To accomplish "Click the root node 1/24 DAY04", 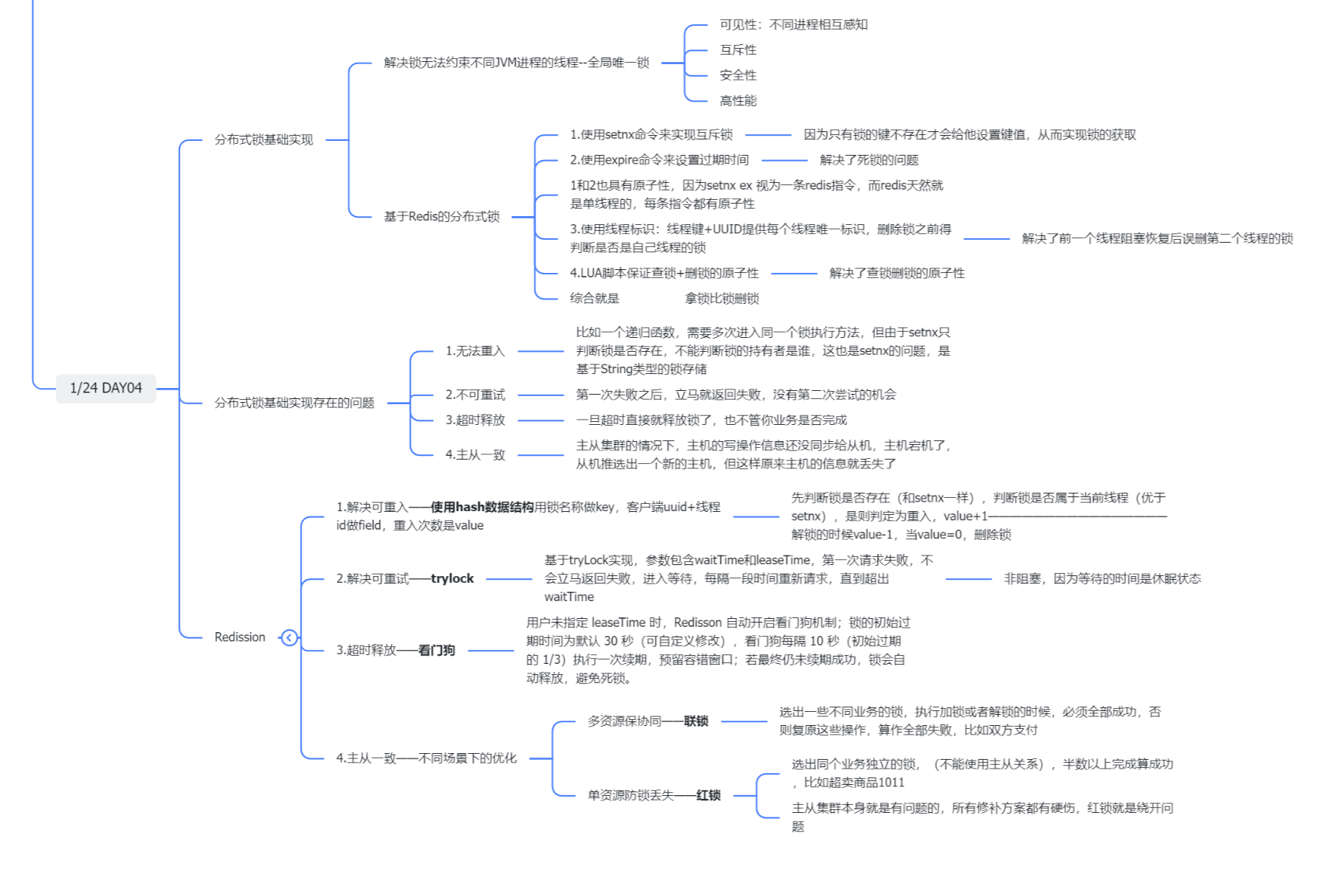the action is pos(105,388).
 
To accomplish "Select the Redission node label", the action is pos(240,637).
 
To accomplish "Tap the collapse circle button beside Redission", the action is pos(289,637).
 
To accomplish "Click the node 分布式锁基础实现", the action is pos(263,139).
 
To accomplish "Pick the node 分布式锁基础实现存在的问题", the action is pos(294,403).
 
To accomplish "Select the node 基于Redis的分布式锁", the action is pos(441,216).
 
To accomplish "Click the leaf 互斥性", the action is pos(738,50).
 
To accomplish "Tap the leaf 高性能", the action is pos(738,100).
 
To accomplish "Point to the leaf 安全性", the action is pos(738,75).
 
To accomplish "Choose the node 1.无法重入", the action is pos(474,351).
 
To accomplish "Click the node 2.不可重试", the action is pos(474,395).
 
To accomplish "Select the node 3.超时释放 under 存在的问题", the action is pos(474,420).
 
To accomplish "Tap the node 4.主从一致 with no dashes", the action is pos(474,455).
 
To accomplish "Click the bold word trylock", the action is pos(452,579).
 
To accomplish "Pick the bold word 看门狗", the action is pos(437,651).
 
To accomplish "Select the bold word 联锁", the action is pos(696,721).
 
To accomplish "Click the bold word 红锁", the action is pos(708,795).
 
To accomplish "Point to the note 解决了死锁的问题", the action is pos(869,160).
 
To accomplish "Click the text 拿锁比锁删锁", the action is pos(721,299).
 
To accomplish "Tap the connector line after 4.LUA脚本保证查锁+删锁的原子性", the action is pos(794,274).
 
